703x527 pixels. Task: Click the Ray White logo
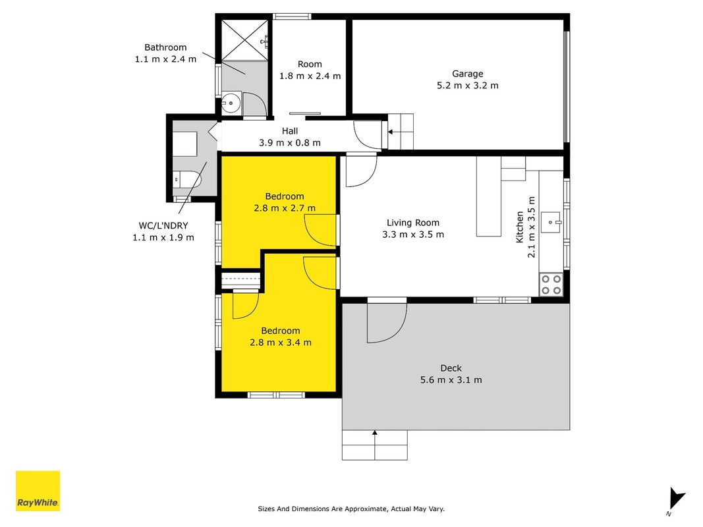coord(38,491)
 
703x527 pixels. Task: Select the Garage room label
coord(467,74)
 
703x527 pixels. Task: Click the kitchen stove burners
coord(551,285)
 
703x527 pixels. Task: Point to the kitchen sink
coord(551,222)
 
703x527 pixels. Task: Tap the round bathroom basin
coord(231,103)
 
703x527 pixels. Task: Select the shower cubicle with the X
coord(245,40)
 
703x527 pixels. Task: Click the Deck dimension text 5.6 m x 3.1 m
coord(451,380)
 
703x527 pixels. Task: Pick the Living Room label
coord(413,223)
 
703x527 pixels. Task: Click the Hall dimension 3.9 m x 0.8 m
coord(290,143)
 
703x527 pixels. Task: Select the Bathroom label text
coord(165,47)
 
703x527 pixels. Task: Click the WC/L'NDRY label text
coord(163,226)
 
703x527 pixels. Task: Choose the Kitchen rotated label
coord(520,227)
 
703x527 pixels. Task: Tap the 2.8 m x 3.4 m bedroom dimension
coord(281,343)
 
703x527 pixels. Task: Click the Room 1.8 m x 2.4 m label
coord(310,70)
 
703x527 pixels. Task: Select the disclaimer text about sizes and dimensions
coord(351,509)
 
